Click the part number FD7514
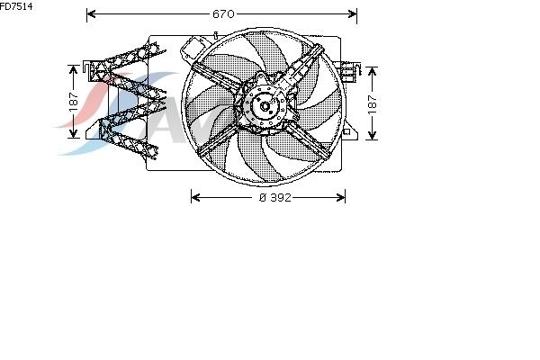(x=16, y=6)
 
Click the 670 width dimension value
(x=223, y=13)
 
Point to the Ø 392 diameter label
(x=274, y=197)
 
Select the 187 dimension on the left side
(x=74, y=102)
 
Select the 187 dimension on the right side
(x=373, y=104)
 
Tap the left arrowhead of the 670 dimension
(x=91, y=13)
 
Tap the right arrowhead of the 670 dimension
(x=353, y=13)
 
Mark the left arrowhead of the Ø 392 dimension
(x=195, y=197)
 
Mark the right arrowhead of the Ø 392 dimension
(x=340, y=197)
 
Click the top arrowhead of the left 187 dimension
(x=74, y=69)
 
